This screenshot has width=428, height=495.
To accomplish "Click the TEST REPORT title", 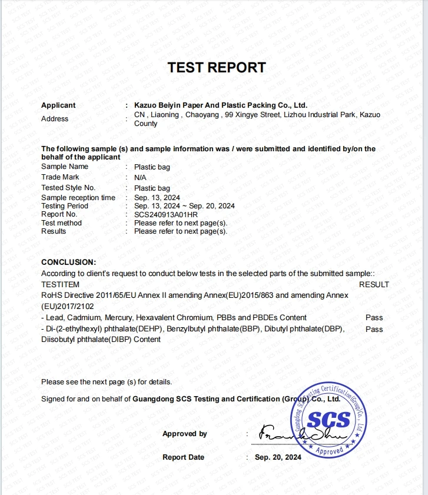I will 217,67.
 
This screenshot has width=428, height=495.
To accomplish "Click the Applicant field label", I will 58,105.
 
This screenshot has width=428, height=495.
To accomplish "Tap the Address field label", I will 55,119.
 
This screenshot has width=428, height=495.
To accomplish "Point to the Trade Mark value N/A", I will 140,177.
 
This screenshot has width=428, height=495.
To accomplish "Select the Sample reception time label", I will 78,198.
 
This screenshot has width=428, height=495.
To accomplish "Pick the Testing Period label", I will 65,206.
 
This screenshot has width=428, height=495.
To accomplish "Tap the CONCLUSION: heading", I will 68,262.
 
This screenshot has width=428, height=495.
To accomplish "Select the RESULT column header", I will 374,284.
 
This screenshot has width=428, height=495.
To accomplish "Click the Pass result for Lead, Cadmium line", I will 374,317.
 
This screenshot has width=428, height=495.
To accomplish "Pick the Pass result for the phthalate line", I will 374,329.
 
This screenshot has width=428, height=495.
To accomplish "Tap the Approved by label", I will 184,434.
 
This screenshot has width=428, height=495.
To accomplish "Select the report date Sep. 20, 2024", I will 278,457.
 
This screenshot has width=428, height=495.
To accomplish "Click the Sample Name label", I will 65,167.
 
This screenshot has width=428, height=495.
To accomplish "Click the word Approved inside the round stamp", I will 329,450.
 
